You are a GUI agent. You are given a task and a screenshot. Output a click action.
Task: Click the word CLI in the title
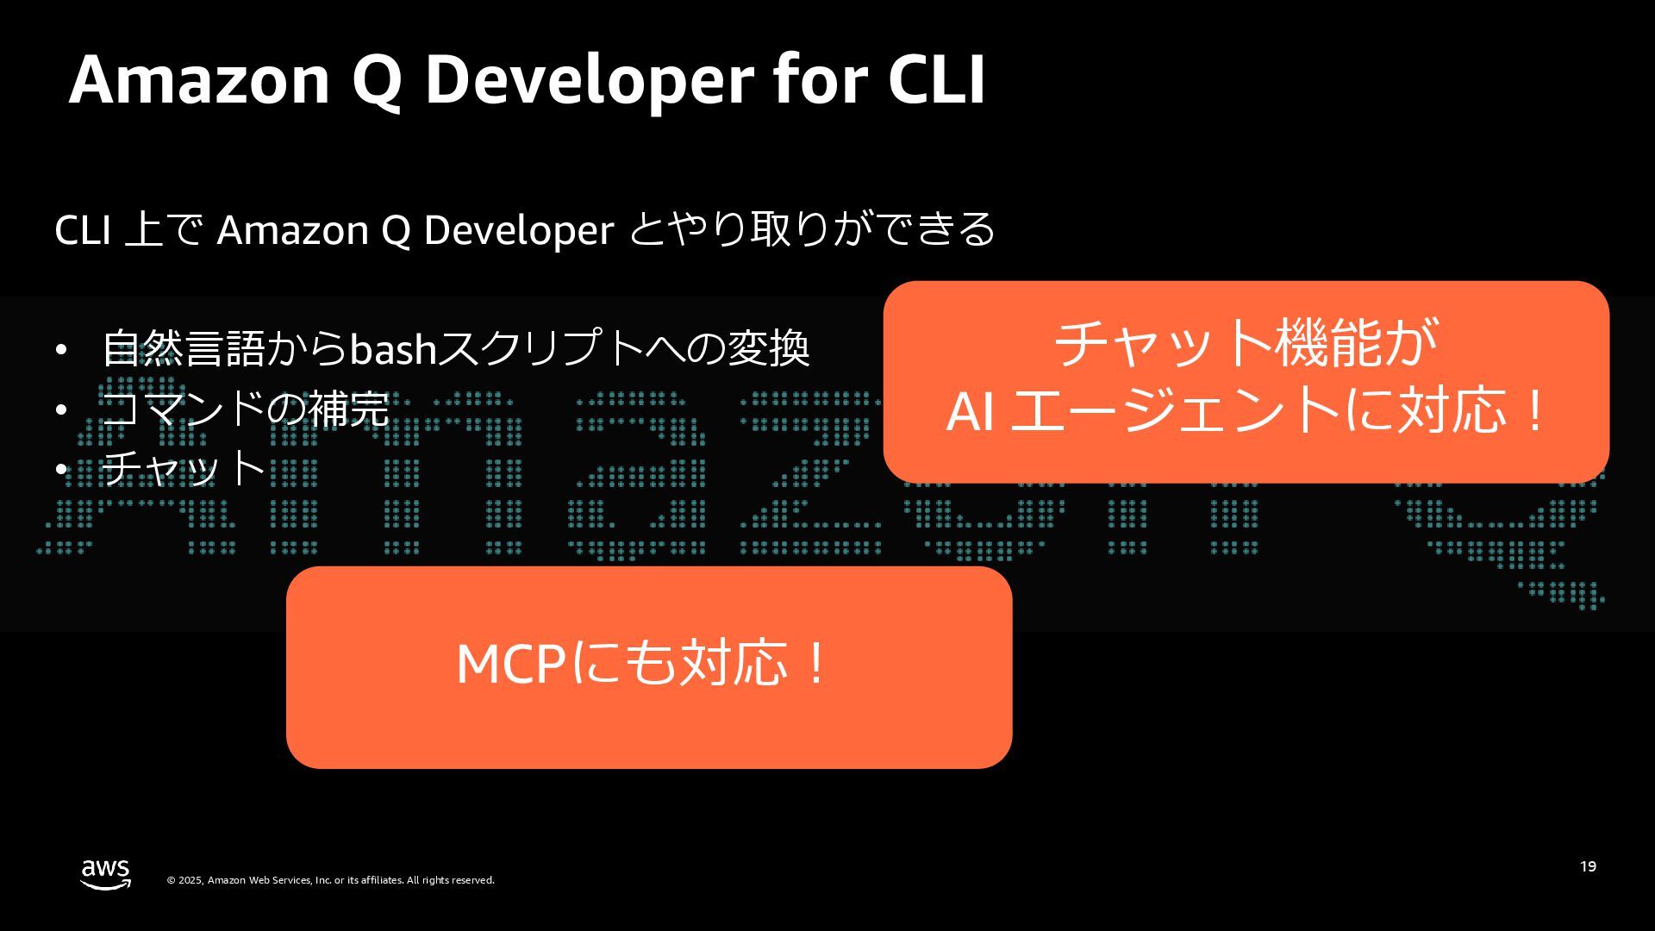[936, 79]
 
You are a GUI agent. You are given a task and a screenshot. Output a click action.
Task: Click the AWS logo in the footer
[105, 874]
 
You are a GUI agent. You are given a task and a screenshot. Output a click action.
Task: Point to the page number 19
[1588, 866]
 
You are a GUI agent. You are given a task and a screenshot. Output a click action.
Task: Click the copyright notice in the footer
[331, 880]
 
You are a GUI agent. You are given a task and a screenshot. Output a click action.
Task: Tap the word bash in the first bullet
[392, 348]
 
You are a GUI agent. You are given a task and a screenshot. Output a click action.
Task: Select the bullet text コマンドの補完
[246, 409]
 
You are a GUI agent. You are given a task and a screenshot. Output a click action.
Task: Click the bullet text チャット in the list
[183, 467]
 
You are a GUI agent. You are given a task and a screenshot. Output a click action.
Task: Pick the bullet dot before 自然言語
[60, 349]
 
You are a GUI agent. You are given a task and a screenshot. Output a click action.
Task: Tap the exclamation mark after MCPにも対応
[815, 664]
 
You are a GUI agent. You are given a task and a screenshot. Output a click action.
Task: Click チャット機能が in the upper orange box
[1246, 343]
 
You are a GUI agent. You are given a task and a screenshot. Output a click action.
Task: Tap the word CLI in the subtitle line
[82, 230]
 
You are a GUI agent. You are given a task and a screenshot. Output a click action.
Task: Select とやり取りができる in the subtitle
[812, 230]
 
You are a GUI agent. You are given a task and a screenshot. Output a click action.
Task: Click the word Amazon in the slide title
[199, 79]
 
